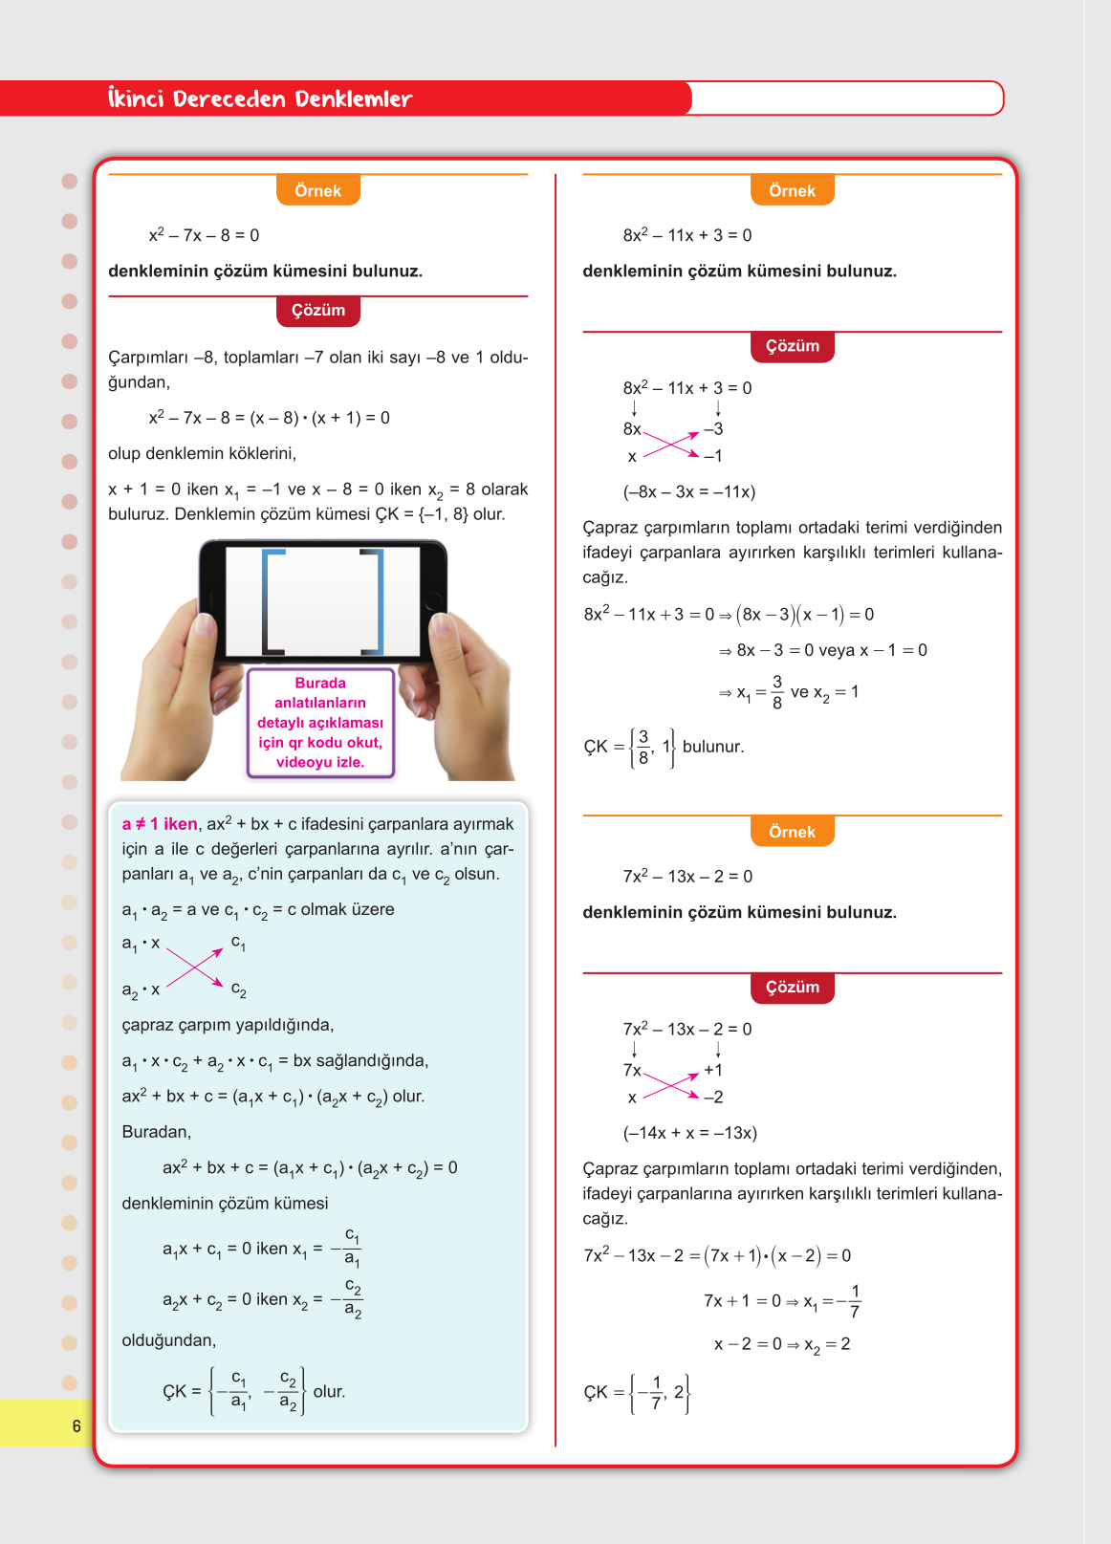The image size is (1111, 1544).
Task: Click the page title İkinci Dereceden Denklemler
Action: pyautogui.click(x=259, y=98)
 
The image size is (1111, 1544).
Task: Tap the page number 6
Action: pyautogui.click(x=76, y=1426)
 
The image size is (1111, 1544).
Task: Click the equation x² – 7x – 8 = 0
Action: pyautogui.click(x=204, y=235)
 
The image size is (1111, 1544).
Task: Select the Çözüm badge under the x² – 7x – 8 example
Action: pyautogui.click(x=317, y=311)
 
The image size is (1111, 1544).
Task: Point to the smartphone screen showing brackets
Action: pyautogui.click(x=322, y=601)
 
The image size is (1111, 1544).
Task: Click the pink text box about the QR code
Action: pyautogui.click(x=320, y=723)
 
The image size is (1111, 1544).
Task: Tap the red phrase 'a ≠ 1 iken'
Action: pyautogui.click(x=160, y=824)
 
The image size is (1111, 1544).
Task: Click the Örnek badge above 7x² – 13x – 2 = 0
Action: pyautogui.click(x=792, y=832)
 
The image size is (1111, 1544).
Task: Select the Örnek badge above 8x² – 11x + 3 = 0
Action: pyautogui.click(x=792, y=190)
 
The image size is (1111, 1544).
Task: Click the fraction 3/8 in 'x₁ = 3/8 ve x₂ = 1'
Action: pyautogui.click(x=776, y=692)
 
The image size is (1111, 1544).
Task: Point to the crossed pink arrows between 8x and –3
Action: pyautogui.click(x=671, y=444)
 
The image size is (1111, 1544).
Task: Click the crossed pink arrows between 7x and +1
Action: pyautogui.click(x=671, y=1085)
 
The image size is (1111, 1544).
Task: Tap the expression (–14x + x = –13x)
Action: pyautogui.click(x=689, y=1133)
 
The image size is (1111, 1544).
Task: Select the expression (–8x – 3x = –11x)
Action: pyautogui.click(x=688, y=492)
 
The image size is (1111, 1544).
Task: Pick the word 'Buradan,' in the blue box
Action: pyautogui.click(x=157, y=1132)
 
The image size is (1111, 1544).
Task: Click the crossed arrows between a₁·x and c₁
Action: pyautogui.click(x=194, y=967)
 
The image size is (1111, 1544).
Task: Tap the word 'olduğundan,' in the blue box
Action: pyautogui.click(x=169, y=1340)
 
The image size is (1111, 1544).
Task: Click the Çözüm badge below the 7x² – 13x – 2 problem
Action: pyautogui.click(x=792, y=988)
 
